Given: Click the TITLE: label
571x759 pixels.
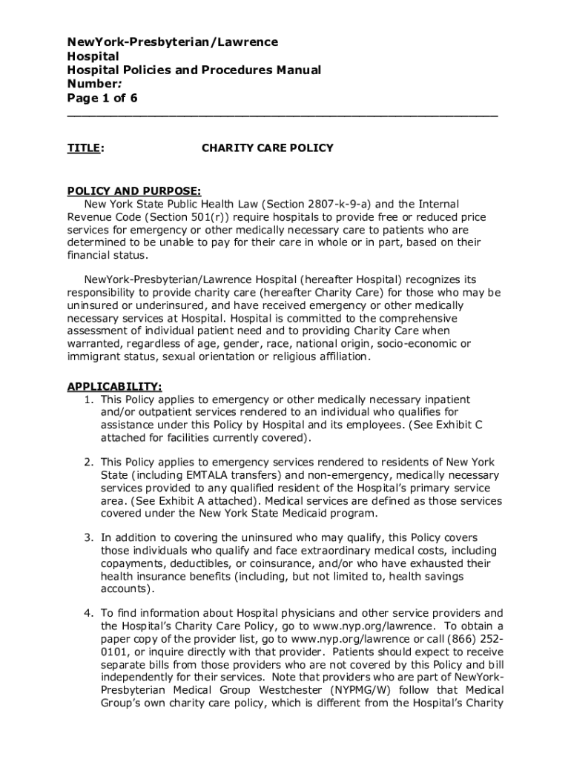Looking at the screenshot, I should coord(85,148).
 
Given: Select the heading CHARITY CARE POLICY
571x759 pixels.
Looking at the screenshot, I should coord(267,148).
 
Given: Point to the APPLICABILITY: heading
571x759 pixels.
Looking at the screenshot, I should coord(115,387).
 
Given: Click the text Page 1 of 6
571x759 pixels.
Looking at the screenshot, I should coord(102,99).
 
